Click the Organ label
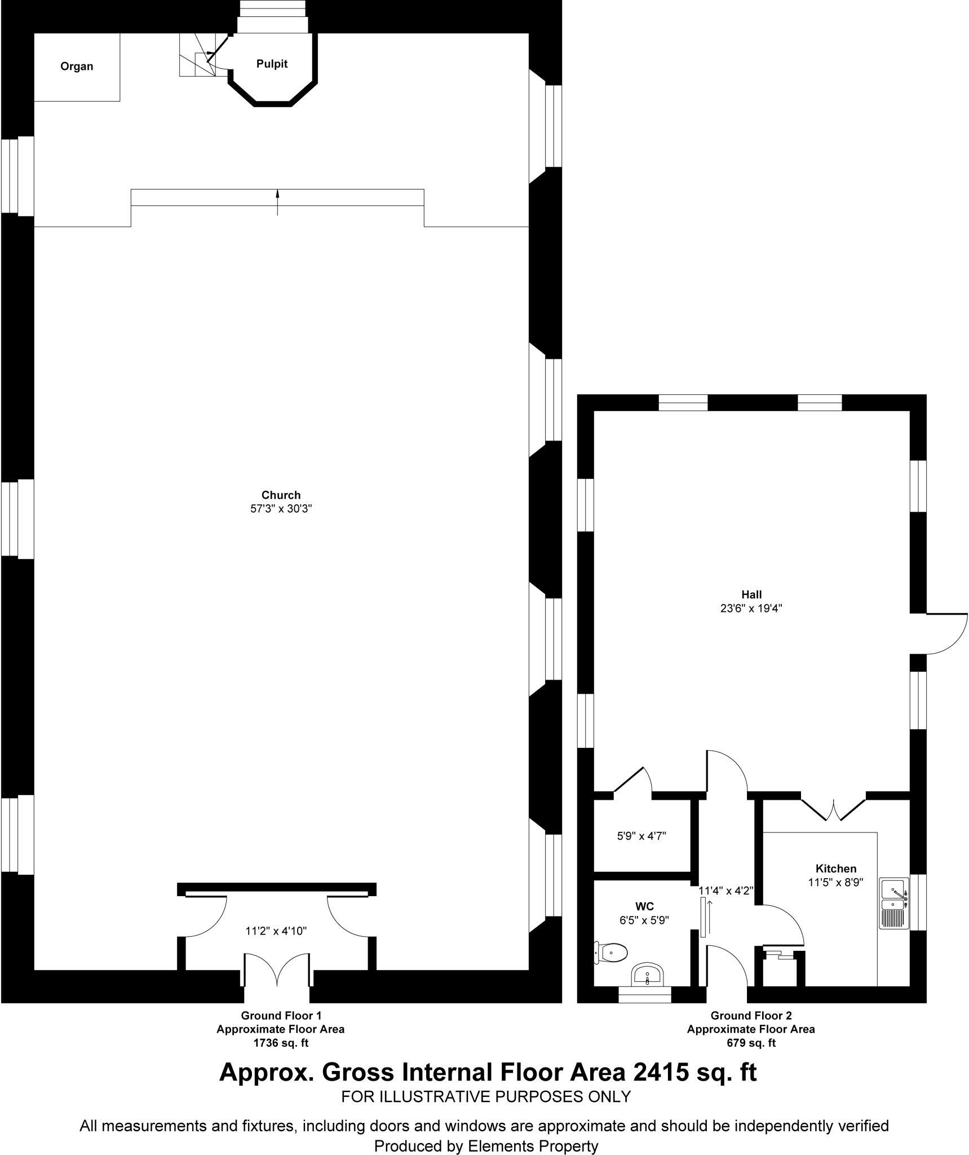coord(77,67)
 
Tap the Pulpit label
coord(272,64)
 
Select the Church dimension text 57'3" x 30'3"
coord(281,509)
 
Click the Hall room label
coord(751,594)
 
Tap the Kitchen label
coord(835,869)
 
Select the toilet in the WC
coord(611,953)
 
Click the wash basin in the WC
coord(648,974)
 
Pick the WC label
coord(644,906)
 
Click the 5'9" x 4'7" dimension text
coord(641,836)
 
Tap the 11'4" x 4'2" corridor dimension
coord(726,891)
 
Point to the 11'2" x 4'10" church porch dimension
coord(276,931)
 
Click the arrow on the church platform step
coord(277,202)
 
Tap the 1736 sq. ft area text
coord(281,1043)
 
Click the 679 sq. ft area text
coord(751,1043)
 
